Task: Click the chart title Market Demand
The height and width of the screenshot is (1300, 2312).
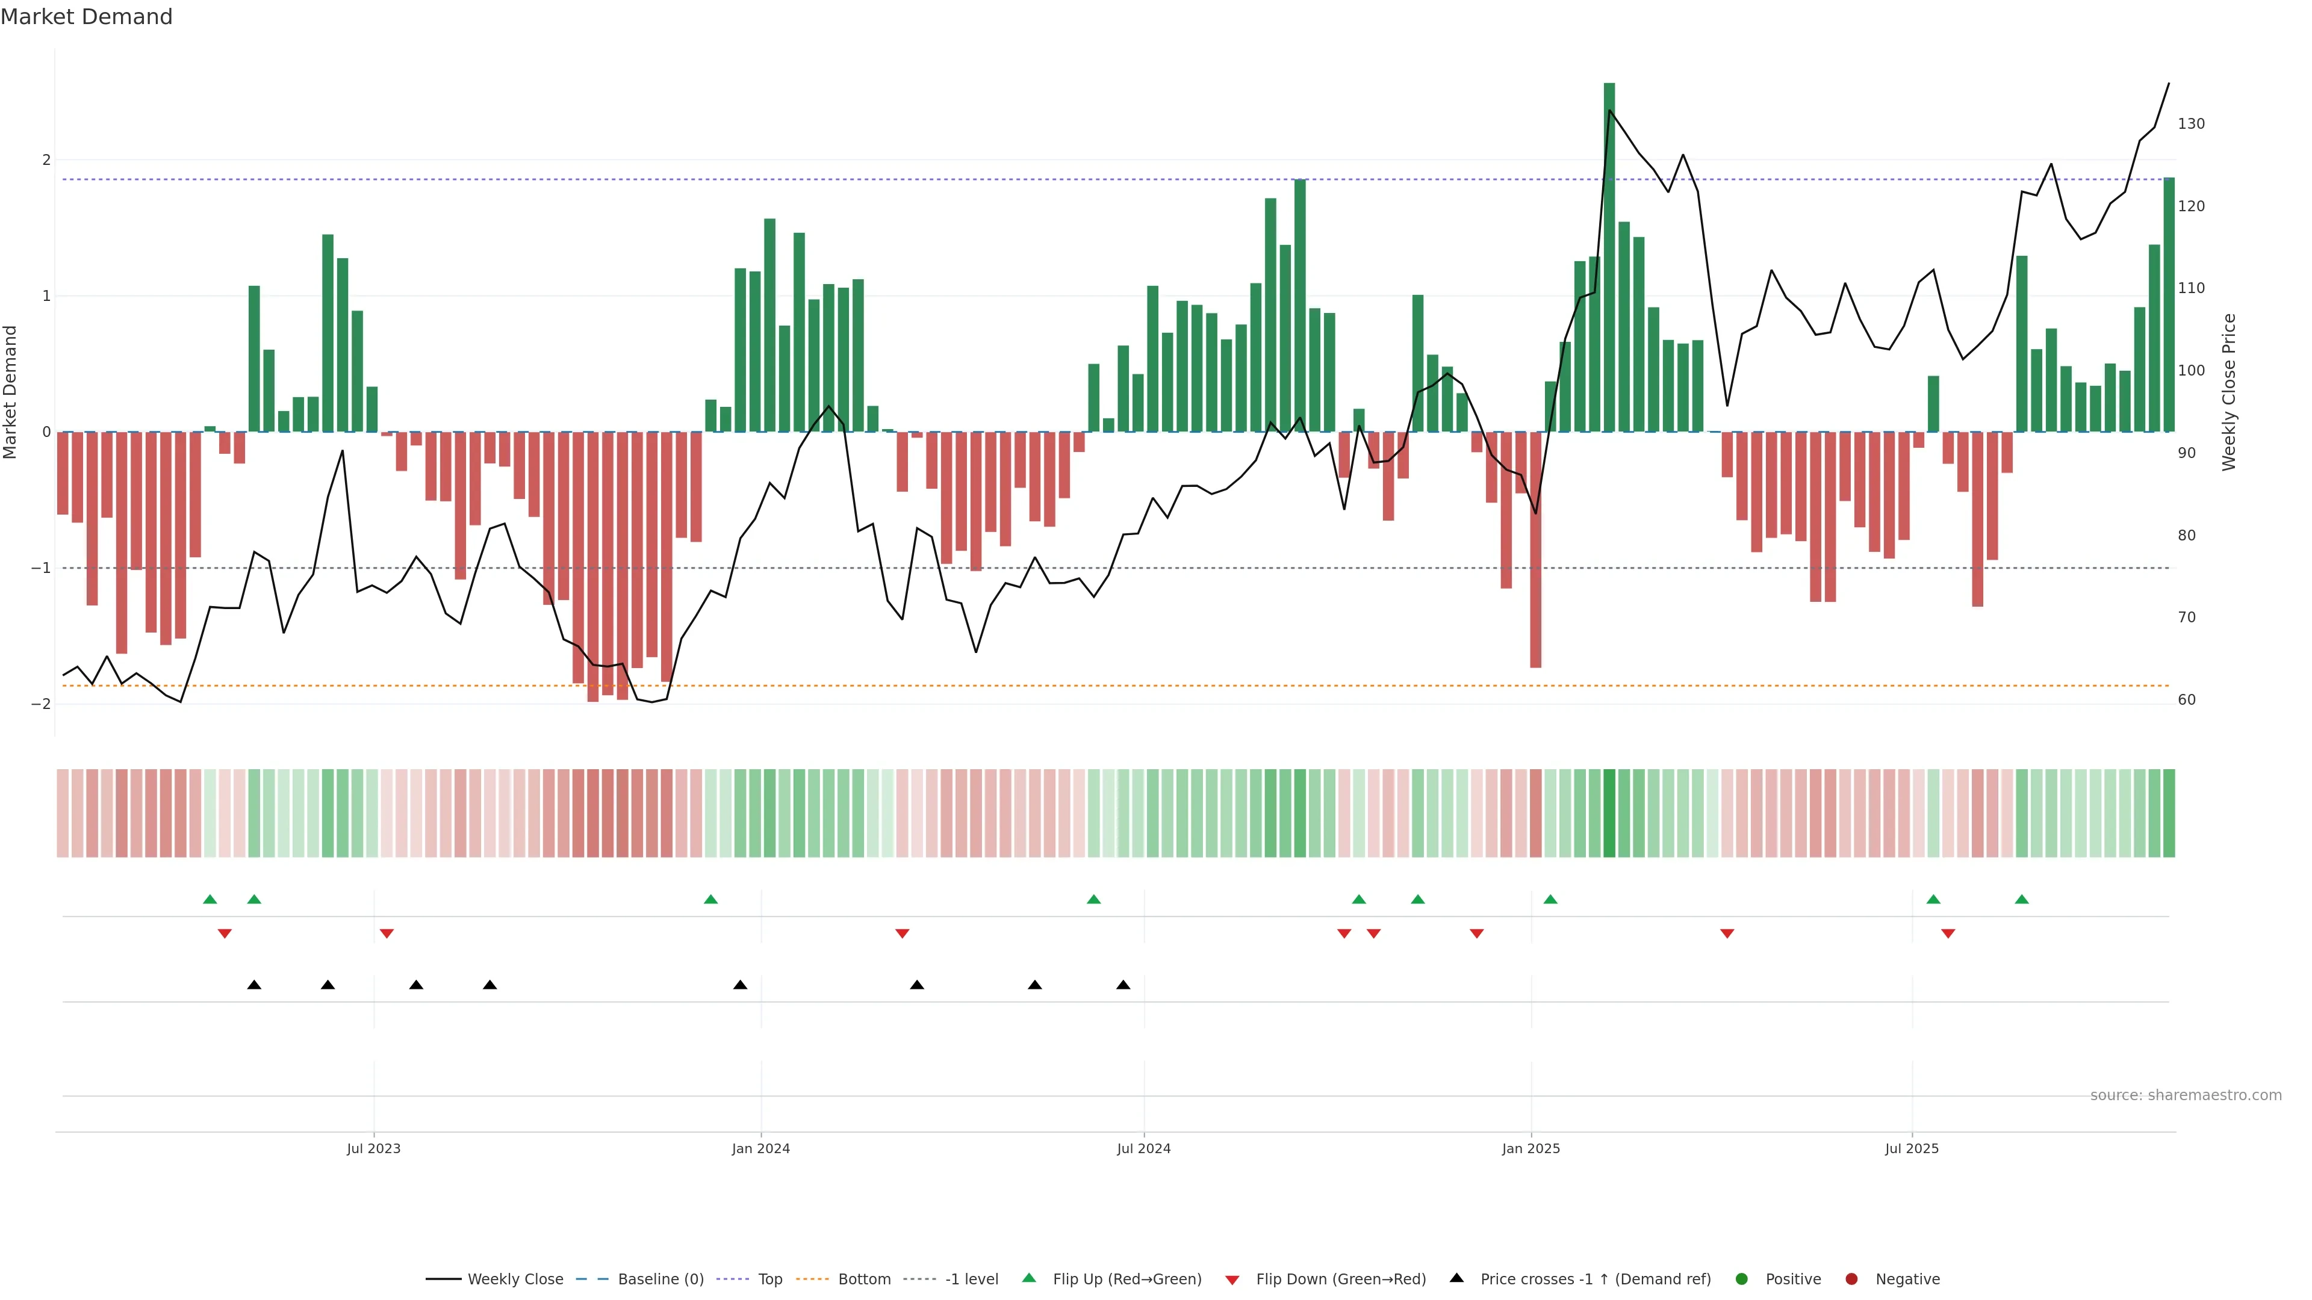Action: (x=86, y=17)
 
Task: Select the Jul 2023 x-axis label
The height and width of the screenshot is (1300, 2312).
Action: (x=373, y=1148)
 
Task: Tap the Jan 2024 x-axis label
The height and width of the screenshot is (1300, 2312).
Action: (x=760, y=1148)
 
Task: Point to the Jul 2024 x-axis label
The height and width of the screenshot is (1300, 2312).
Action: (x=1143, y=1148)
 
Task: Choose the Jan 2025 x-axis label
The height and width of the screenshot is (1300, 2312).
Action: (x=1530, y=1148)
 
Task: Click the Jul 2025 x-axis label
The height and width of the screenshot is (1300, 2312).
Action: (x=1912, y=1148)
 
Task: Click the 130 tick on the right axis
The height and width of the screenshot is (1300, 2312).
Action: (x=2191, y=124)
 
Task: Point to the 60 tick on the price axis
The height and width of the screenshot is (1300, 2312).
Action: (x=2186, y=700)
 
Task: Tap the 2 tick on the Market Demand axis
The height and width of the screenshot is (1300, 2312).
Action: (x=46, y=159)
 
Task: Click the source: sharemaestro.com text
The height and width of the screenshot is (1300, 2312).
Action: (x=2186, y=1095)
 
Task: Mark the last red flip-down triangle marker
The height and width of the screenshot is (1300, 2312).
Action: (x=1948, y=934)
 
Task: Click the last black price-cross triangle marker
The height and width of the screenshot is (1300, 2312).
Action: (x=1123, y=985)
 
